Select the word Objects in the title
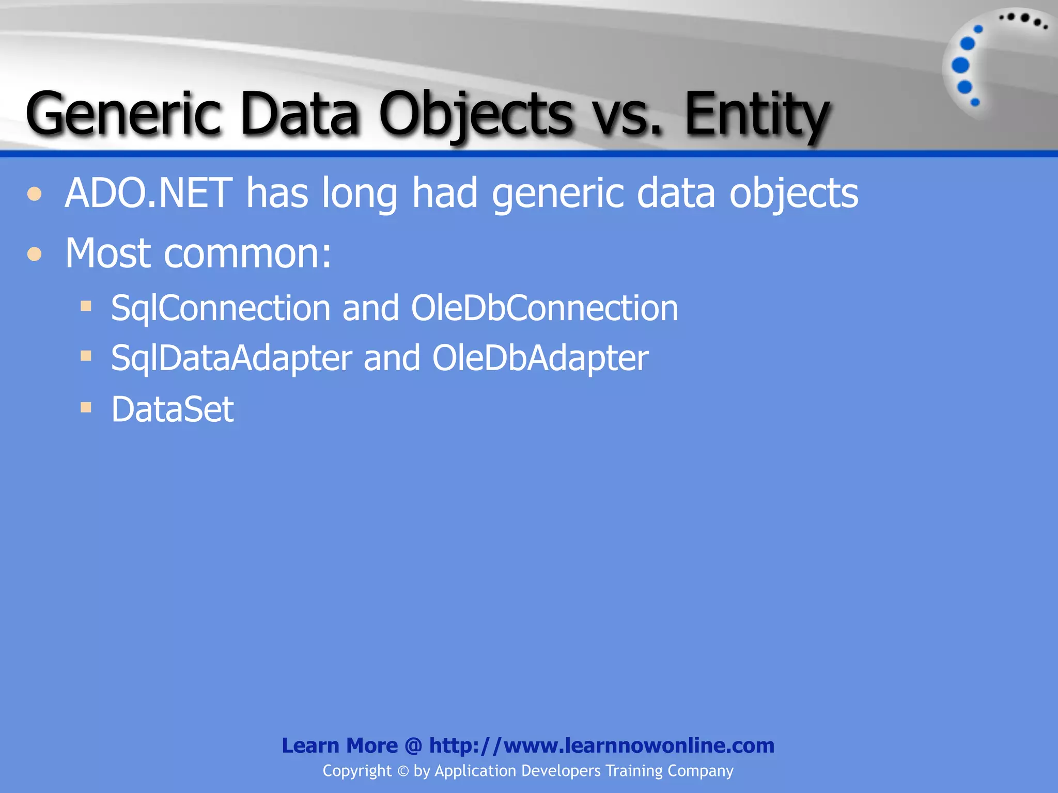[x=475, y=114]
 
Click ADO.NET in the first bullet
[x=149, y=193]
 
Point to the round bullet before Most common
[x=35, y=254]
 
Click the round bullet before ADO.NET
[x=35, y=194]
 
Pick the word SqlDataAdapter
[x=231, y=358]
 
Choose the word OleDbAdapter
[x=540, y=358]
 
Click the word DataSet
[x=173, y=409]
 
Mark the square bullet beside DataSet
[x=86, y=408]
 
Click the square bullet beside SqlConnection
[x=86, y=307]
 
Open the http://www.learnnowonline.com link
[x=601, y=746]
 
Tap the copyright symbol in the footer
[x=403, y=771]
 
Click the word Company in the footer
[x=700, y=771]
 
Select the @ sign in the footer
[x=413, y=746]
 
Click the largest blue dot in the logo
[x=960, y=66]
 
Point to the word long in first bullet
[x=360, y=194]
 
